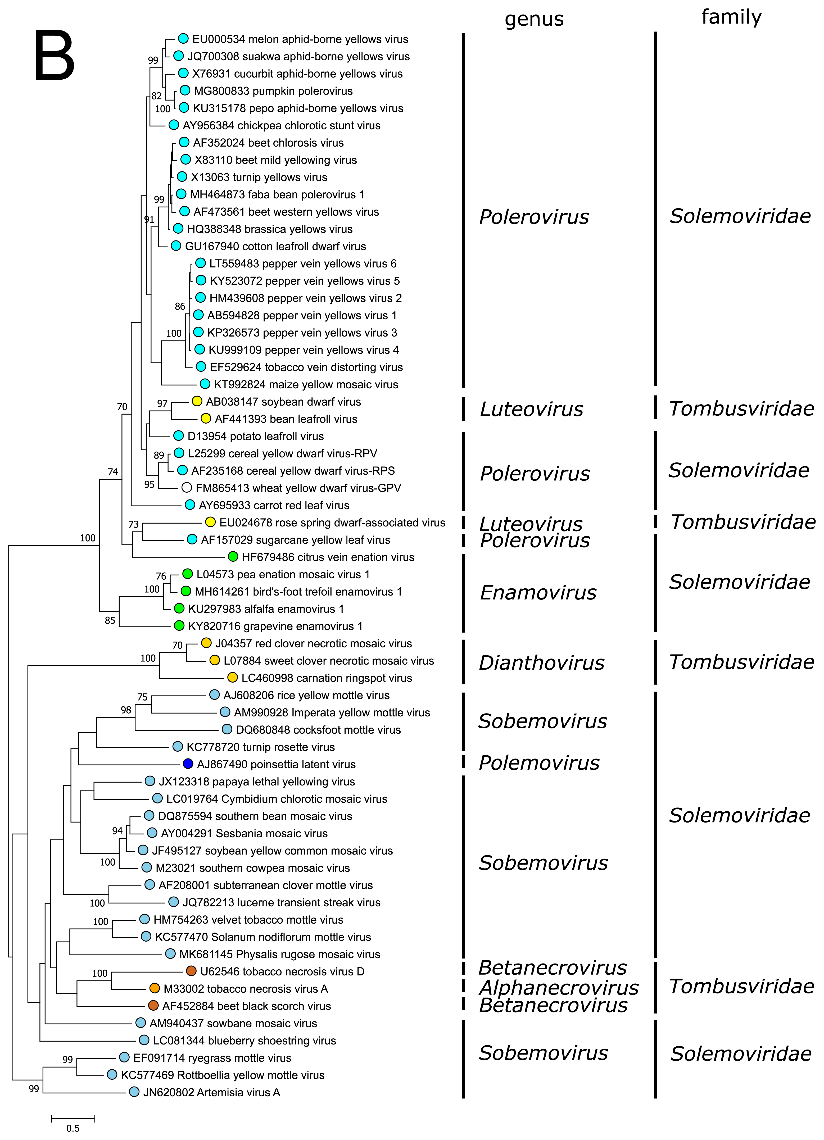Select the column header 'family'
pos(731,17)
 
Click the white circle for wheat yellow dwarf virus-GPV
pos(187,487)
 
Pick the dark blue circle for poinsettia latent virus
pos(188,764)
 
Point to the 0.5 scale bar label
pos(73,1128)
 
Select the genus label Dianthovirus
pos(541,662)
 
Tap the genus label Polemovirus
pos(539,762)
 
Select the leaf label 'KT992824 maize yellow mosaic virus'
pos(306,384)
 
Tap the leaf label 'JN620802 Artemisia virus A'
pos(211,1092)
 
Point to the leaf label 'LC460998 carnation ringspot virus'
pos(326,678)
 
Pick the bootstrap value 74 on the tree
pos(113,471)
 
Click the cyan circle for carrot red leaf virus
pos(189,504)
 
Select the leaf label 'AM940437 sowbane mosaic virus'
pos(233,1023)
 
